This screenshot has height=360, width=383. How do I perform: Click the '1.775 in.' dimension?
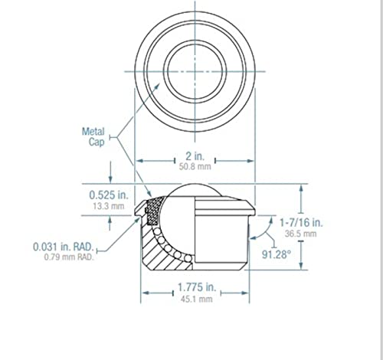195,288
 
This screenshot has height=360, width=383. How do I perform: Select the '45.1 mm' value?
195,299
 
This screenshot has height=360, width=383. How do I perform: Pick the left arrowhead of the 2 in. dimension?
139,161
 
